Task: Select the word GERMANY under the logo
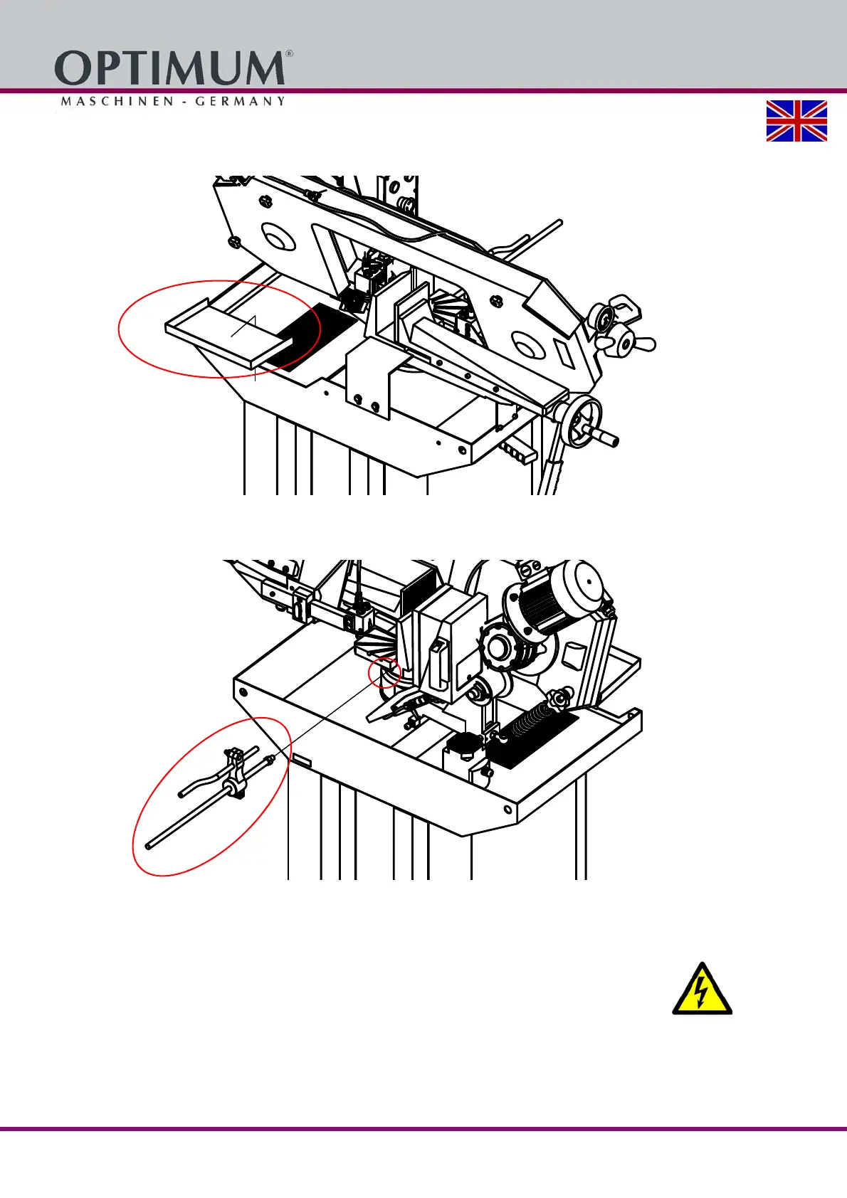(x=241, y=102)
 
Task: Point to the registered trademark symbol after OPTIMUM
(x=289, y=54)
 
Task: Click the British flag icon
(x=796, y=121)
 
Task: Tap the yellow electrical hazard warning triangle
(x=702, y=990)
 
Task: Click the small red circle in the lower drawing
(x=384, y=673)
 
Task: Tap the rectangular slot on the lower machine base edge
(x=301, y=762)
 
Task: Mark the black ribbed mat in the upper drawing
(x=317, y=334)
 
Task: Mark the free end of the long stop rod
(x=147, y=846)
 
